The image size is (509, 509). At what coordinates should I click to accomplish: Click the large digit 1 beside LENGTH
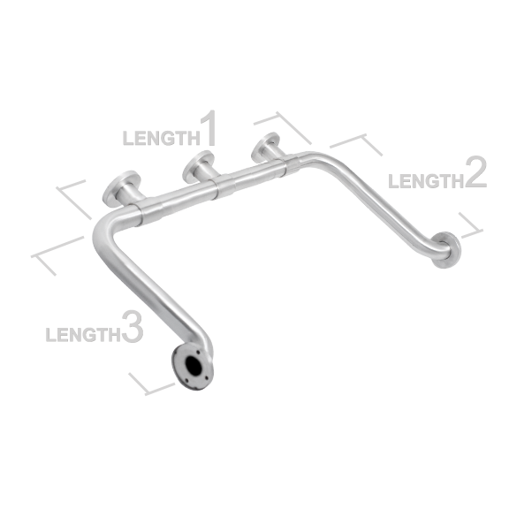[208, 128]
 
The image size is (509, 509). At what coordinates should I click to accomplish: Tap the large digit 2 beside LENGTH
[475, 171]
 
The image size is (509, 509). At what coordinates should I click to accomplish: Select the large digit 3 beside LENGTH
[133, 326]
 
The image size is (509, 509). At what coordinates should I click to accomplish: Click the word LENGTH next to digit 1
[162, 138]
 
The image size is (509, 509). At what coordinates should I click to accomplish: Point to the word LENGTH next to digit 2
[426, 181]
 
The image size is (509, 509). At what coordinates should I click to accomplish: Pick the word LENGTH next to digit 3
[83, 335]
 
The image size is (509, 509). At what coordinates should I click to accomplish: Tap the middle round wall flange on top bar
[198, 166]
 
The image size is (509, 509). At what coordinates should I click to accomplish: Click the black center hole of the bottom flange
[193, 366]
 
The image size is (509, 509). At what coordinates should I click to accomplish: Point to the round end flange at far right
[447, 249]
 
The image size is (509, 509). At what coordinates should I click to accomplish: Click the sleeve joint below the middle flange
[224, 186]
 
